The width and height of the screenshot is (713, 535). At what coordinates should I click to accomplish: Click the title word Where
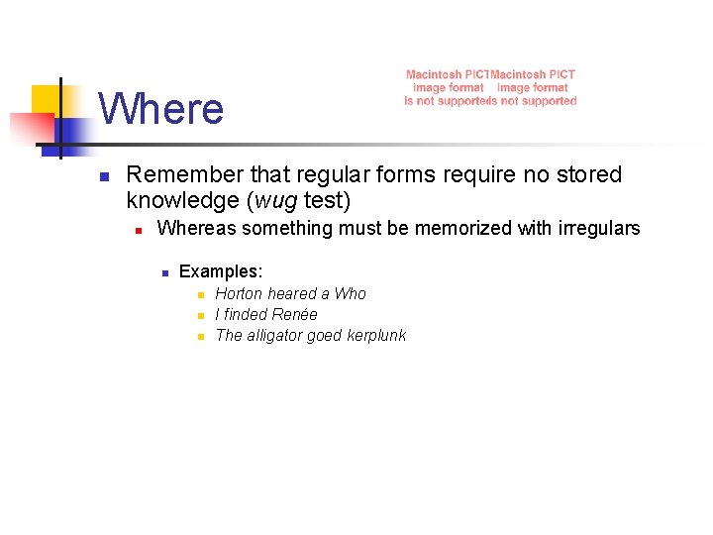coord(161,108)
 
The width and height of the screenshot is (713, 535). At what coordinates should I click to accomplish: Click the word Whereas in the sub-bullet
coord(195,229)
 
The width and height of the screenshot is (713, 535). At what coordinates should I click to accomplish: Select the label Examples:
coord(220,271)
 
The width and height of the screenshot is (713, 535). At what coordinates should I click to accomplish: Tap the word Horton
coord(239,293)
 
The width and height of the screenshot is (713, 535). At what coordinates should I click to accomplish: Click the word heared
coord(293,293)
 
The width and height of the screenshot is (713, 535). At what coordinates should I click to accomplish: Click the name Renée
coord(295,314)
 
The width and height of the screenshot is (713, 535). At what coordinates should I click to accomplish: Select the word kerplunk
coord(375,335)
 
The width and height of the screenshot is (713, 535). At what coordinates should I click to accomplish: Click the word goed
coord(324,335)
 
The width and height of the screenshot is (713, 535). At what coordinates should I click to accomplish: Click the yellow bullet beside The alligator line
coord(200,337)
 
